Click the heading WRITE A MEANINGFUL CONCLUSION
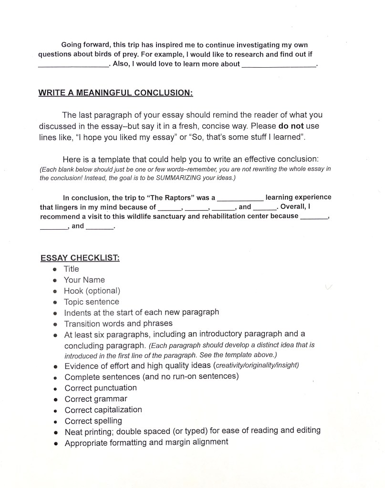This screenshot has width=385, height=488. (x=115, y=92)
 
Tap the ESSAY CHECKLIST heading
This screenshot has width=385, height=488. (x=80, y=258)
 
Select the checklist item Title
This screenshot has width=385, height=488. (x=72, y=269)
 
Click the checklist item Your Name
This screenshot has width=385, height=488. (x=84, y=280)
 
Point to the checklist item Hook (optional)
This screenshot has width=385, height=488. (x=92, y=291)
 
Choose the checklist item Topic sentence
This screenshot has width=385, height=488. (x=92, y=302)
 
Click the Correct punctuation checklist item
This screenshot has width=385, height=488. (x=101, y=388)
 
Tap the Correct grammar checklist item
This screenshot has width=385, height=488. (x=96, y=399)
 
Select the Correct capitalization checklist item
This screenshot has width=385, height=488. (x=104, y=410)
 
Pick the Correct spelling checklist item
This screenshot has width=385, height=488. (x=94, y=421)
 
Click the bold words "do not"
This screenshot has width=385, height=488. (x=291, y=126)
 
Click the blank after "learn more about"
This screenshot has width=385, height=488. (x=279, y=66)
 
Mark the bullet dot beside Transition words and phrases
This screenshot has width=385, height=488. (x=56, y=324)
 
